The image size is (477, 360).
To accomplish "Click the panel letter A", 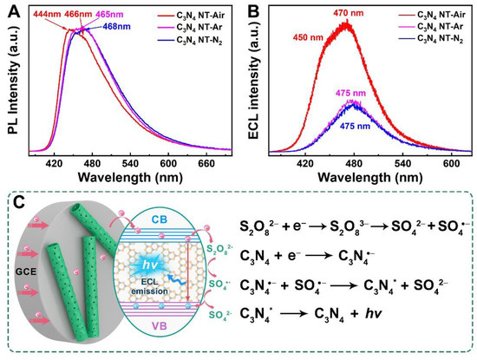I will pyautogui.click(x=8, y=9).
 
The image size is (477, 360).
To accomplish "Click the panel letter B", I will pyautogui.click(x=252, y=9).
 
